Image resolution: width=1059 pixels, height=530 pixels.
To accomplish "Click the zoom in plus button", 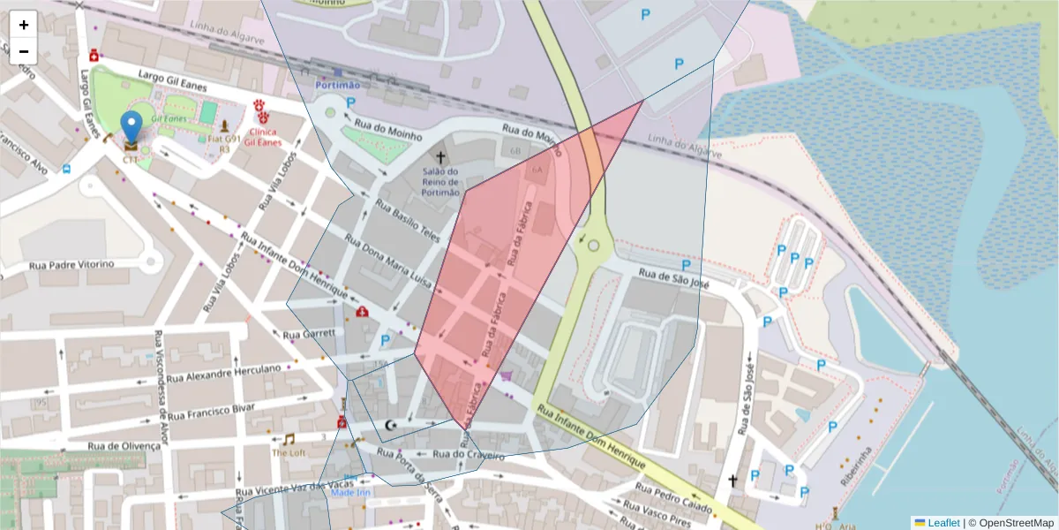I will pyautogui.click(x=24, y=25).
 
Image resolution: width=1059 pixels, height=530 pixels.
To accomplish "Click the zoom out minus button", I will pyautogui.click(x=24, y=51).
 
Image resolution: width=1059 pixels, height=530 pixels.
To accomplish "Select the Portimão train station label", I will pyautogui.click(x=338, y=85).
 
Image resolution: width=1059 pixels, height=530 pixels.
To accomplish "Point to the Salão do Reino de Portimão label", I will pyautogui.click(x=440, y=182).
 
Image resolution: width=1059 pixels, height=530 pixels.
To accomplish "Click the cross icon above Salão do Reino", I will pyautogui.click(x=440, y=157).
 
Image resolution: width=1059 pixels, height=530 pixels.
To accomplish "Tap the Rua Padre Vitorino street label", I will pyautogui.click(x=71, y=264).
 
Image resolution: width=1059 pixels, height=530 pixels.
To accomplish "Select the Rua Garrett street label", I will pyautogui.click(x=308, y=334).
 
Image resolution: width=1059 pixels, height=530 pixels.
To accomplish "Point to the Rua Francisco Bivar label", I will pyautogui.click(x=210, y=412).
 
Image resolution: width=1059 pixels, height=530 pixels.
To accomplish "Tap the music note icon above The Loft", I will pyautogui.click(x=289, y=439).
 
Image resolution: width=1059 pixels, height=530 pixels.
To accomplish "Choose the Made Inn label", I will pyautogui.click(x=350, y=492).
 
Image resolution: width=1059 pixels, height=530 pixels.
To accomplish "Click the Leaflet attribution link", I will pyautogui.click(x=943, y=523).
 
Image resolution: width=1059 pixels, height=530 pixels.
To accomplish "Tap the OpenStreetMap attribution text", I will pyautogui.click(x=1016, y=523).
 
